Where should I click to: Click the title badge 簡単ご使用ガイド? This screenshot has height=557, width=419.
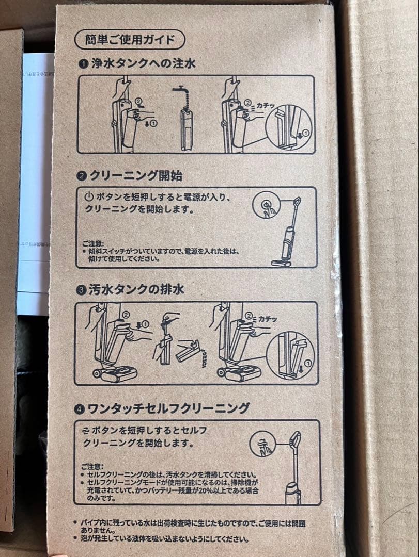(x=129, y=39)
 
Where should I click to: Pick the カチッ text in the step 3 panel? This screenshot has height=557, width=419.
(x=268, y=319)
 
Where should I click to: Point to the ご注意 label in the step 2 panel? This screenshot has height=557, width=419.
(x=93, y=242)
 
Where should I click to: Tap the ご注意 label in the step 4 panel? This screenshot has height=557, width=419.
(x=92, y=466)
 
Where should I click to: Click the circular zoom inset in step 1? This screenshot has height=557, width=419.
(x=289, y=129)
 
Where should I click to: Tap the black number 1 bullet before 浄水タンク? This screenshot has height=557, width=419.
(x=83, y=64)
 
